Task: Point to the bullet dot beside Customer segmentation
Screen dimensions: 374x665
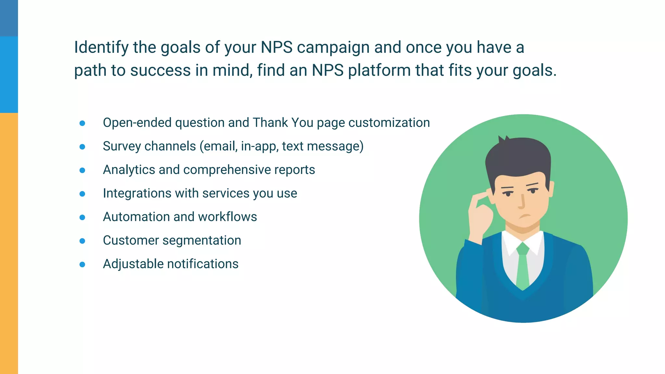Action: coord(82,241)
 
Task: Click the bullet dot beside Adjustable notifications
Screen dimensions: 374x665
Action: coord(82,265)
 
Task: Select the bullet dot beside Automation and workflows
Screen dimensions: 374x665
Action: coord(82,217)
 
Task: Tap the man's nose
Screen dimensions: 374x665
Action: coord(521,201)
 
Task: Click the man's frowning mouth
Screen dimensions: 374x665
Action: coord(524,216)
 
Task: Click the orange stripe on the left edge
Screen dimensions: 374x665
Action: coord(9,243)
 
